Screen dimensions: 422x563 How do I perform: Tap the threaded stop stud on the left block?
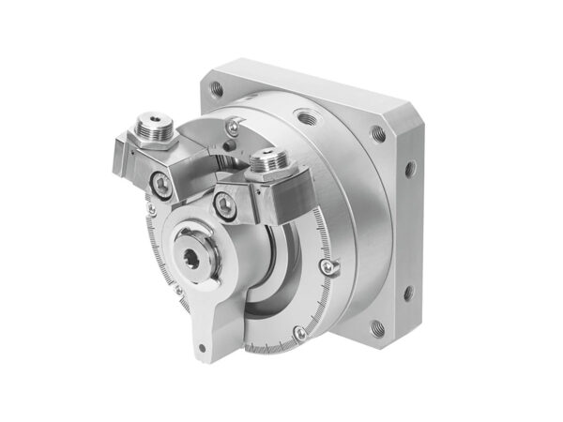[152, 122]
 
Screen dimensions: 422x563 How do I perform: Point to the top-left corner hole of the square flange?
[218, 91]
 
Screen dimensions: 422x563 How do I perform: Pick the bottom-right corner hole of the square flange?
[376, 328]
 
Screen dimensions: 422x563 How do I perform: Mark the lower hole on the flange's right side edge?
[408, 293]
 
